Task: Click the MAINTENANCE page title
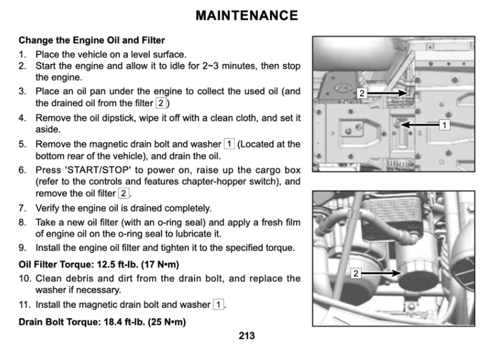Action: point(247,15)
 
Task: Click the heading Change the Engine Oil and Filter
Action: point(91,40)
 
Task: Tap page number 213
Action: point(246,336)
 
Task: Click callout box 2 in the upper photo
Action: point(362,93)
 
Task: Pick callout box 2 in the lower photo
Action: point(355,273)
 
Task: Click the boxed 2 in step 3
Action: point(161,103)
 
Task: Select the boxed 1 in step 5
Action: point(229,144)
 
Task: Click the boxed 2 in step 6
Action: point(123,193)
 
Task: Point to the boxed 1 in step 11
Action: point(218,305)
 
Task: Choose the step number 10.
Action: point(24,278)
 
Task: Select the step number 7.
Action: point(22,208)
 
